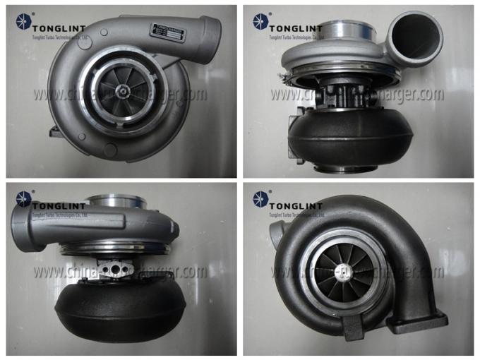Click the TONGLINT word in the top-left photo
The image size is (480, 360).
pyautogui.click(x=56, y=25)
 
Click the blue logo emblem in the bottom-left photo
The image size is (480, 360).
pyautogui.click(x=19, y=200)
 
